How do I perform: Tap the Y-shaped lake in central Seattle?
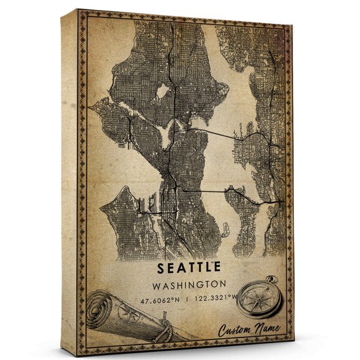167,131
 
